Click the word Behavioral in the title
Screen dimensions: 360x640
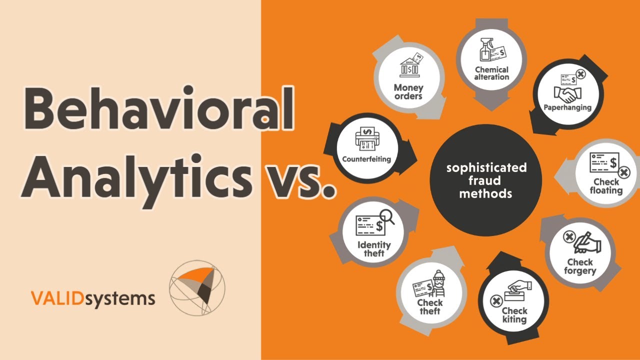(158, 107)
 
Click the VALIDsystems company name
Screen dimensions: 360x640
(93, 299)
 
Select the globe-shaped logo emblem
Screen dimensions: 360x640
(197, 287)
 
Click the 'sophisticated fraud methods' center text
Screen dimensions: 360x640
(486, 180)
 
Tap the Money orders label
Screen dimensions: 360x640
(408, 91)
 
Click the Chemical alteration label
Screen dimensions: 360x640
(491, 73)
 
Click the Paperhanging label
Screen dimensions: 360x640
(567, 107)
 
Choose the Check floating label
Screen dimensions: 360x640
(606, 186)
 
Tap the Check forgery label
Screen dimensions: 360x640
(580, 266)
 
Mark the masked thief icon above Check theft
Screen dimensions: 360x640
(438, 283)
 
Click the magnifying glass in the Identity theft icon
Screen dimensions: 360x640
(386, 216)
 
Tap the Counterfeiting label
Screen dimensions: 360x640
(366, 159)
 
